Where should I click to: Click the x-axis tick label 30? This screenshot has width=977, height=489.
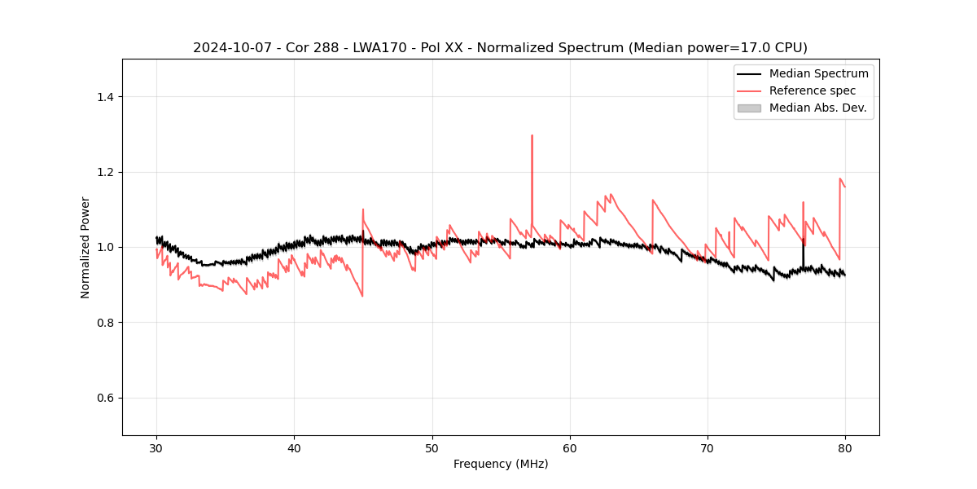(x=156, y=447)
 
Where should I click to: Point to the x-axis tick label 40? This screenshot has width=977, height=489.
(x=294, y=447)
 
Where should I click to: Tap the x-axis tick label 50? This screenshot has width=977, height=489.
(x=432, y=447)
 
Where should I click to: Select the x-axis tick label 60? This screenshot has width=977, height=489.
(x=570, y=447)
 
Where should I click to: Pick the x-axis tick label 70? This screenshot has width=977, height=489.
(x=708, y=447)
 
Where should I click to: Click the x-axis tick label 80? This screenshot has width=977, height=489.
(x=845, y=447)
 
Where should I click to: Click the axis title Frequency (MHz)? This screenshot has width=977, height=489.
(x=501, y=464)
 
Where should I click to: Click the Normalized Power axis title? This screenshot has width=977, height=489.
(x=85, y=247)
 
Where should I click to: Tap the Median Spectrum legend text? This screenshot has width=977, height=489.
(x=818, y=74)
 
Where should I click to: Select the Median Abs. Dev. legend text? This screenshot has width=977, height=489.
(x=817, y=108)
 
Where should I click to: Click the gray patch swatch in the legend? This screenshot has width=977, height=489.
(x=749, y=108)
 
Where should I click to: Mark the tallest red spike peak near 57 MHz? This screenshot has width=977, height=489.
(x=532, y=136)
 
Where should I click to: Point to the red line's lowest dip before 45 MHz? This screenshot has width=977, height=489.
(x=362, y=296)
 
